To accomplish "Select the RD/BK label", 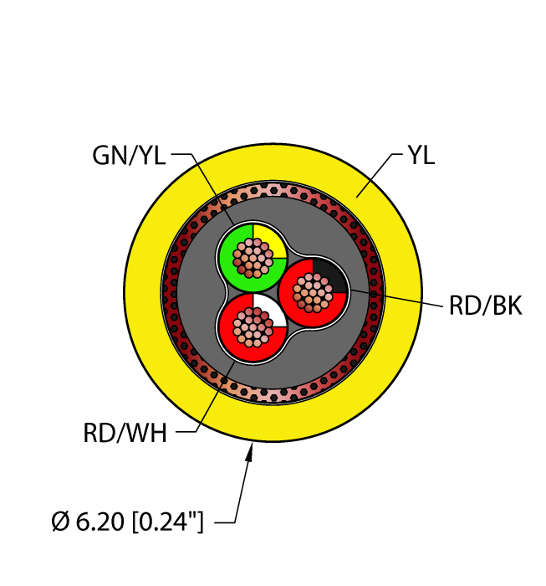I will [485, 306].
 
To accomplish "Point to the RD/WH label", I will [125, 433].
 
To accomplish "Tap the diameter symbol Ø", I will [60, 524].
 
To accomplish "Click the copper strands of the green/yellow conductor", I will [253, 257].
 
